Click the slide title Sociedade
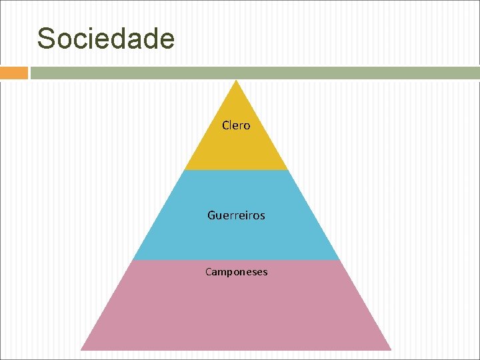(x=106, y=39)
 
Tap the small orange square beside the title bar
(x=13, y=73)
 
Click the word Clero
(x=236, y=125)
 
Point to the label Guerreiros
(x=236, y=215)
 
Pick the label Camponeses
(x=236, y=272)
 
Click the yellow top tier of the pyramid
(x=236, y=147)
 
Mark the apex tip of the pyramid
(x=236, y=81)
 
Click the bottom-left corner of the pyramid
(x=82, y=349)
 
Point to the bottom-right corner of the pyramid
(x=390, y=349)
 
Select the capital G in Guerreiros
(x=211, y=215)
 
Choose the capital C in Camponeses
(x=209, y=272)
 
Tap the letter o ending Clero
(x=247, y=126)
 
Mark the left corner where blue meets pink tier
(x=133, y=259)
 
